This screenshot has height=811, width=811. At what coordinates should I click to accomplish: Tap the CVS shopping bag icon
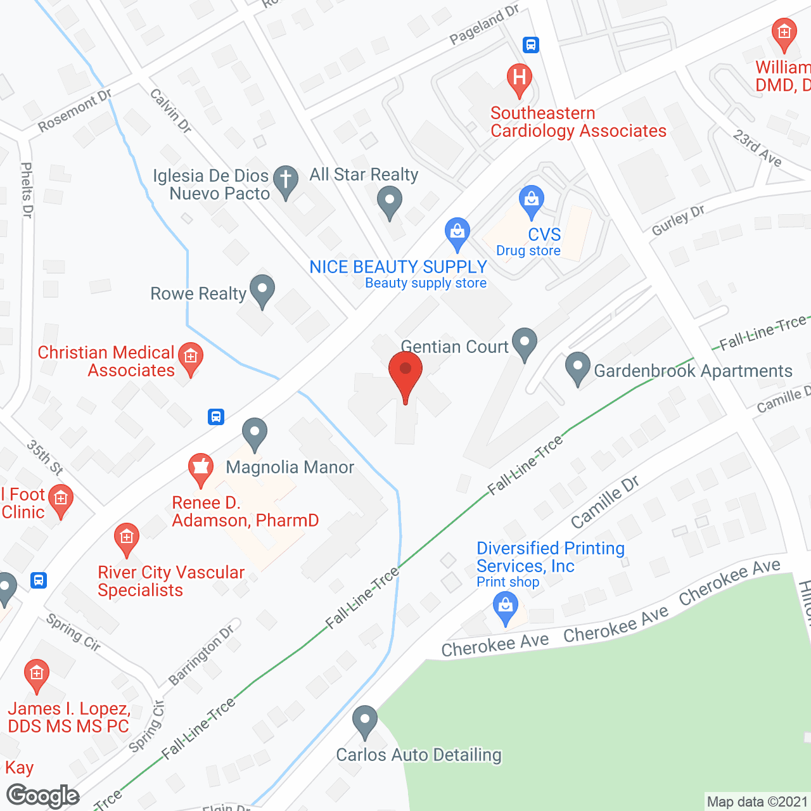click(x=531, y=200)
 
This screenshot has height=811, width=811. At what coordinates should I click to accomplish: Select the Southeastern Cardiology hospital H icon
click(x=519, y=79)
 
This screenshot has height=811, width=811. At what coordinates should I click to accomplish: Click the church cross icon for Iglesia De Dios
click(x=286, y=180)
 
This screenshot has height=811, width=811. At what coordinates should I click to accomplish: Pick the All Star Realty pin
click(x=390, y=203)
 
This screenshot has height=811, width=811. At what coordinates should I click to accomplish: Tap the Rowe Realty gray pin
click(x=262, y=290)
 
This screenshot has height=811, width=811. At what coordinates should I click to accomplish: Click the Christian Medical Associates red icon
click(x=190, y=357)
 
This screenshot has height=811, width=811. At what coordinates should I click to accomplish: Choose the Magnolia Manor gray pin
click(x=254, y=433)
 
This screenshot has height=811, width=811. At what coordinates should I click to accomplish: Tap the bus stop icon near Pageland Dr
click(x=531, y=45)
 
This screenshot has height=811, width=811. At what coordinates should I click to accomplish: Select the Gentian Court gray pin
click(x=524, y=343)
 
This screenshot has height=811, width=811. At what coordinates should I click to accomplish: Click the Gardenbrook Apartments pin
click(x=577, y=367)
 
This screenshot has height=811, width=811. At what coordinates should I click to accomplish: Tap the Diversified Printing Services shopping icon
click(x=506, y=606)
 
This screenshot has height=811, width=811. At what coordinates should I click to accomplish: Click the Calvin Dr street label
click(x=170, y=110)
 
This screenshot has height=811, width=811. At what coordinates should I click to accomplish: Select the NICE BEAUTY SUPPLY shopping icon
click(x=457, y=233)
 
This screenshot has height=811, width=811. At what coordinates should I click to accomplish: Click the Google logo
click(x=43, y=796)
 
